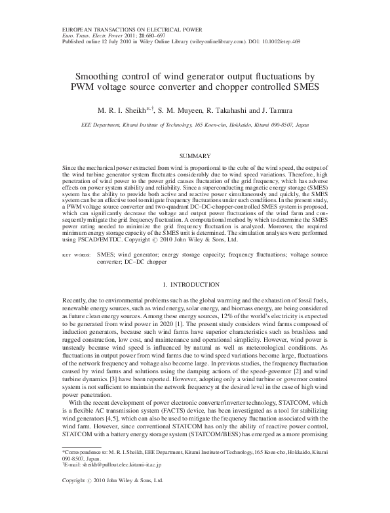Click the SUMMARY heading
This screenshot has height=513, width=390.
pos(195,155)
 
